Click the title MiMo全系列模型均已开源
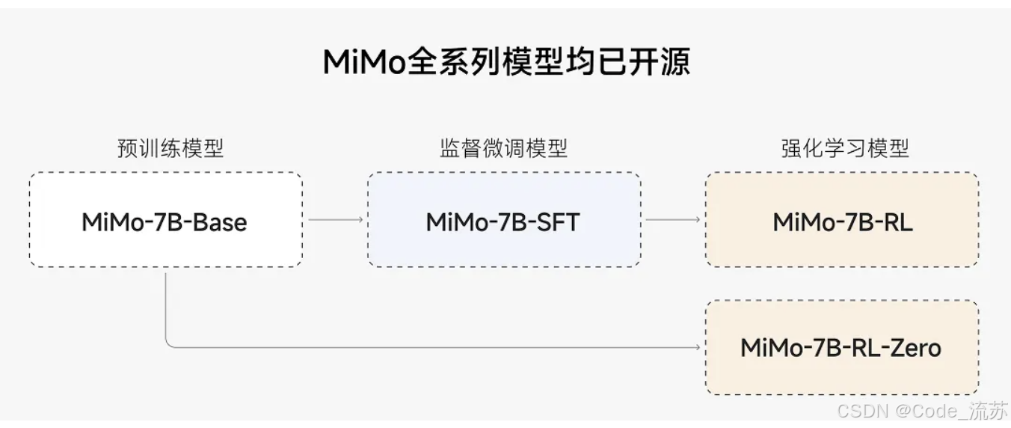pos(505,62)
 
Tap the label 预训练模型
pos(170,148)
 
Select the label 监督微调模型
pos(503,148)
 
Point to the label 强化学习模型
pos(844,148)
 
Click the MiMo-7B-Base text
pos(165,221)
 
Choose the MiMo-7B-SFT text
pos(503,221)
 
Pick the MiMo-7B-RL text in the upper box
pos(843,221)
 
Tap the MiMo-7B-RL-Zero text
pos(841,347)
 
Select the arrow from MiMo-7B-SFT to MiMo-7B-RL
pos(673,219)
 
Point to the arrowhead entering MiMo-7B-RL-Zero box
pos(699,347)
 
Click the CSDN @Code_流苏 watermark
pos(922,411)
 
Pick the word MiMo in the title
pos(364,62)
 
